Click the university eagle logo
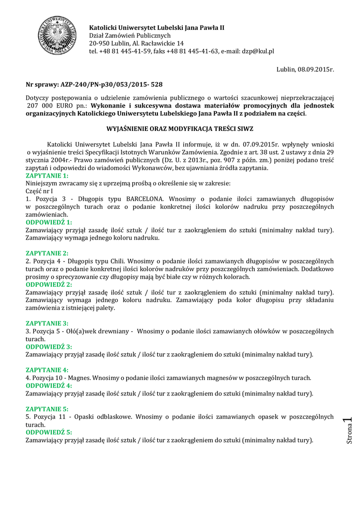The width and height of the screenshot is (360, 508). [x=56, y=36]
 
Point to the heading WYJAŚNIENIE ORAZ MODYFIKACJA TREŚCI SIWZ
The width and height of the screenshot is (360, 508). [x=180, y=129]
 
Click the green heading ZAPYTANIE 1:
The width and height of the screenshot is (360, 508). [x=47, y=176]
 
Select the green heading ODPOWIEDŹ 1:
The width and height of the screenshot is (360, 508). [x=49, y=222]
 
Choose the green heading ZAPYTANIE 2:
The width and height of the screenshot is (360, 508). [x=47, y=253]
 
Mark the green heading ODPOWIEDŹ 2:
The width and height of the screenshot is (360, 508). [x=49, y=284]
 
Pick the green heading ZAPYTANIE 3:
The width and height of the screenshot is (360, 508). [x=47, y=323]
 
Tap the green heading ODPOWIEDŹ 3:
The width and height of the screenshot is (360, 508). [x=49, y=346]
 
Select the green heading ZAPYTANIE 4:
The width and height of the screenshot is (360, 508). [x=47, y=370]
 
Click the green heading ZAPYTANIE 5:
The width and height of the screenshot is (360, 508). [x=47, y=409]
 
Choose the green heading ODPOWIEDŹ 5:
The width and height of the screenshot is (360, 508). [x=49, y=432]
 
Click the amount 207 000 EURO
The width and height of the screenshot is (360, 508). [x=49, y=106]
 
